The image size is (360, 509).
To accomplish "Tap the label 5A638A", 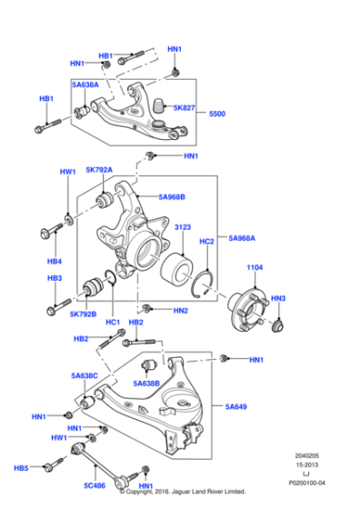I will [x=86, y=85].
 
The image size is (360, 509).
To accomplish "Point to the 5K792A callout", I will [x=99, y=170].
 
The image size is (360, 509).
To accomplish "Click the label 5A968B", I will [x=171, y=196].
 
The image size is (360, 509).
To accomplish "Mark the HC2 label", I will [x=206, y=242].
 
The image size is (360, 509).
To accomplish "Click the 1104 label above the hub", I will [x=255, y=268].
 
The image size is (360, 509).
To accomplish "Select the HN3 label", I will [x=279, y=299].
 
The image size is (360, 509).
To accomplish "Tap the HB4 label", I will [x=55, y=260].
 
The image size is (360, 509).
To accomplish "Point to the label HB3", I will [x=55, y=278].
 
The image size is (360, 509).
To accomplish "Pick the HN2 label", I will [x=180, y=312].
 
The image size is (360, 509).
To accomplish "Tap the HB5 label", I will [x=21, y=468].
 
